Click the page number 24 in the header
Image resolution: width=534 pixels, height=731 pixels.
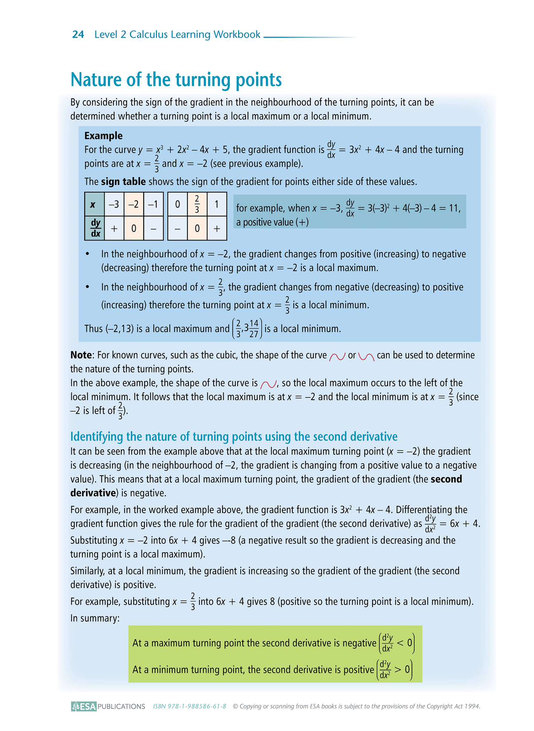[x=78, y=34]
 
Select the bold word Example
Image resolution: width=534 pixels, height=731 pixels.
[x=103, y=136]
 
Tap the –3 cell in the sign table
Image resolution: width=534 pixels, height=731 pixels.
[x=114, y=204]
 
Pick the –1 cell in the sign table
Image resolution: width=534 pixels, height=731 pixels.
[x=153, y=204]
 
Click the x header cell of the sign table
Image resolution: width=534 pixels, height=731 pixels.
[x=94, y=204]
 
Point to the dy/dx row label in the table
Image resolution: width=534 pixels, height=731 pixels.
[x=95, y=228]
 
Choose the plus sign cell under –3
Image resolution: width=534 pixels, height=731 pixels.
[x=114, y=229]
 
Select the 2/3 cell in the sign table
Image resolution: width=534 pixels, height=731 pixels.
[x=197, y=204]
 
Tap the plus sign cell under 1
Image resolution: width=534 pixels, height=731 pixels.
[x=217, y=229]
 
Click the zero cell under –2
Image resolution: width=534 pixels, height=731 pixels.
[x=134, y=229]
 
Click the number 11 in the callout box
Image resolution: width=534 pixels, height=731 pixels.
[x=453, y=208]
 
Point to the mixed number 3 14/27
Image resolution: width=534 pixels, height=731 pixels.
[x=251, y=328]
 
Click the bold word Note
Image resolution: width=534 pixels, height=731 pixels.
[x=81, y=355]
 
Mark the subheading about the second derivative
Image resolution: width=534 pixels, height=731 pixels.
[x=234, y=437]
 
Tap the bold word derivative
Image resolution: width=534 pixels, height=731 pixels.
[x=93, y=493]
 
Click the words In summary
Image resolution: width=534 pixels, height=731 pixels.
[x=95, y=618]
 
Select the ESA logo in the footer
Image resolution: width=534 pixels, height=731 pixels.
[x=84, y=706]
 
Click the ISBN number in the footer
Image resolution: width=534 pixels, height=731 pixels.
[x=190, y=706]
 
